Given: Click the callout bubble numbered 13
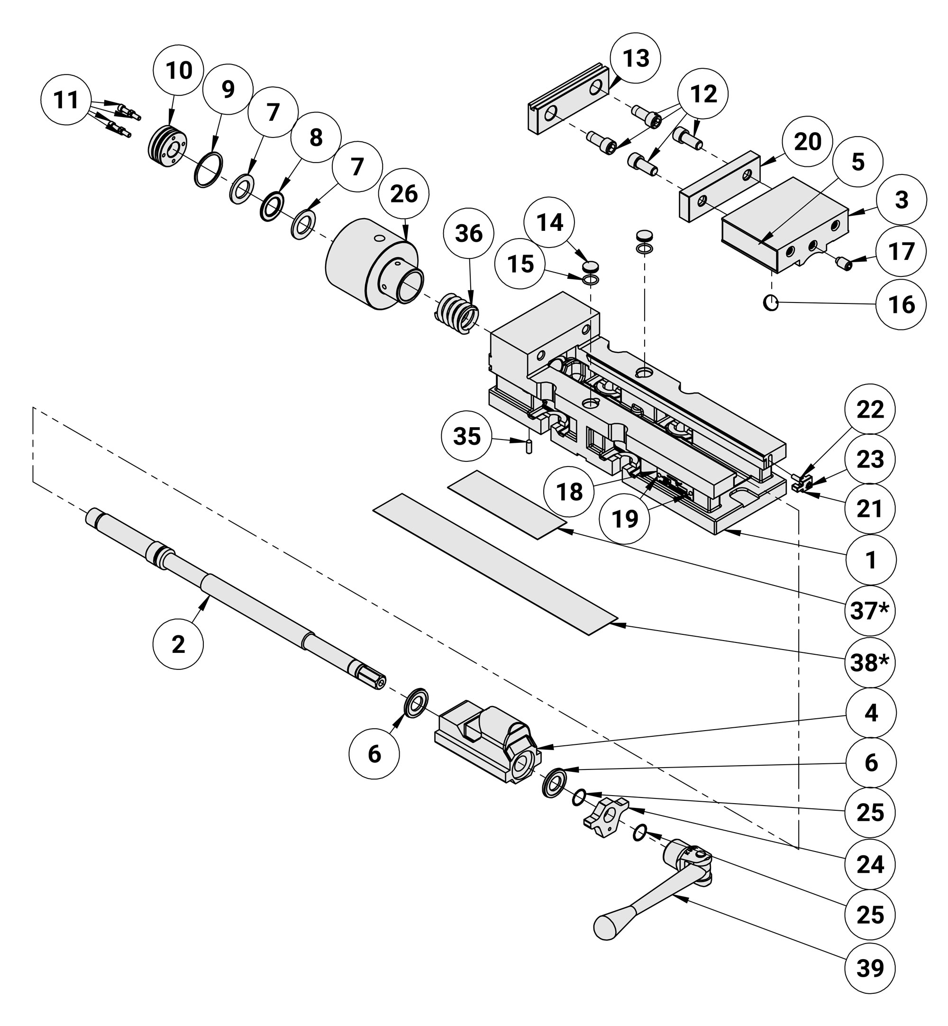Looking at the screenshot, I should [x=636, y=58].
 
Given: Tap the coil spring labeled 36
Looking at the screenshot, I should [x=457, y=313].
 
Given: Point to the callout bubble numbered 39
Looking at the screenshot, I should [x=871, y=968].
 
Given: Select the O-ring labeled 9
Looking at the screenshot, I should [x=209, y=170].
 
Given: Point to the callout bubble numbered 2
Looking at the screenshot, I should [x=178, y=644].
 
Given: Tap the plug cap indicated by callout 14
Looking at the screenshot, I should [x=591, y=266].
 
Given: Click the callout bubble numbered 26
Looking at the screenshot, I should [x=404, y=194].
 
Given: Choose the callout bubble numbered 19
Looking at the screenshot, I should [x=625, y=519].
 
